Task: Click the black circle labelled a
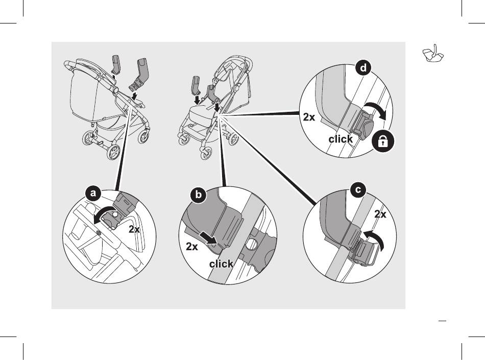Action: pos(92,194)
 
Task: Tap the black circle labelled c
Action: pos(359,190)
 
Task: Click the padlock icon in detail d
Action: pos(383,142)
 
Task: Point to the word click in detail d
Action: pos(341,139)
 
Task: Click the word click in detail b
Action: pos(221,264)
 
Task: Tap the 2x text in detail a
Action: pos(134,230)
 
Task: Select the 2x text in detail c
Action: pos(380,214)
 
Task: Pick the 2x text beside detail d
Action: pos(309,117)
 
